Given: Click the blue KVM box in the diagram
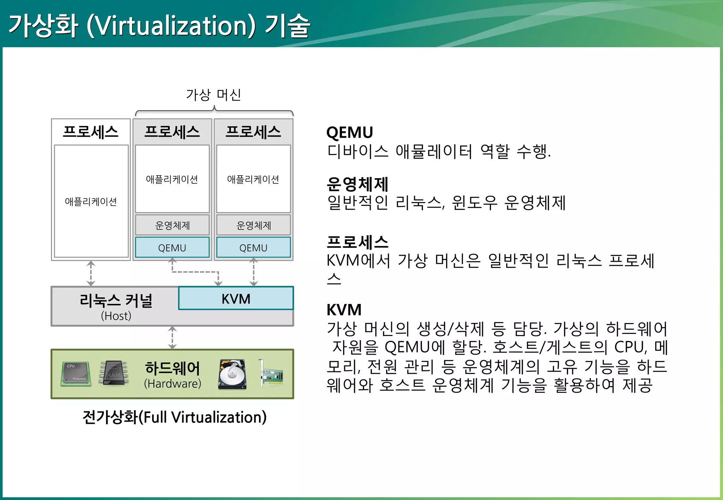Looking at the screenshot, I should [x=236, y=299].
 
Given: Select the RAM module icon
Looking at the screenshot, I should [x=114, y=373].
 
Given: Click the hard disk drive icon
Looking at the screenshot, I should [x=232, y=374].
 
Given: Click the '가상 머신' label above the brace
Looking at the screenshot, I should [x=214, y=95].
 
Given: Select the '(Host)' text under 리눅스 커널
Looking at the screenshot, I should [x=116, y=316].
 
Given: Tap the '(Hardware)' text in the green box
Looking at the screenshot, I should [x=172, y=384].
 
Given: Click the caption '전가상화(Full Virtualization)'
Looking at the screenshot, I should [x=174, y=417].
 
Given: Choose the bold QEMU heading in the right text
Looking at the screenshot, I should [x=349, y=133].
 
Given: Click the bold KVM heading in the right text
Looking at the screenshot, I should [x=344, y=310].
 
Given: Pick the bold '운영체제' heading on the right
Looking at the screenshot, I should [x=357, y=184].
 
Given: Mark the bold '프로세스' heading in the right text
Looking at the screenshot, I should [x=357, y=242].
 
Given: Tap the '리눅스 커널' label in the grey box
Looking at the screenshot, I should [x=116, y=301].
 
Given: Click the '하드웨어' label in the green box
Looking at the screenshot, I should [x=172, y=368].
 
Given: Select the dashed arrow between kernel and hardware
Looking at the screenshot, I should [x=172, y=337].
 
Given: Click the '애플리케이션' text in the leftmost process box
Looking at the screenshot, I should [x=91, y=202].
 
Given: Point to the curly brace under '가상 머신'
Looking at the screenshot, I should [x=214, y=111].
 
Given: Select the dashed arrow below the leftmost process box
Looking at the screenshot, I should [x=91, y=273].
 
